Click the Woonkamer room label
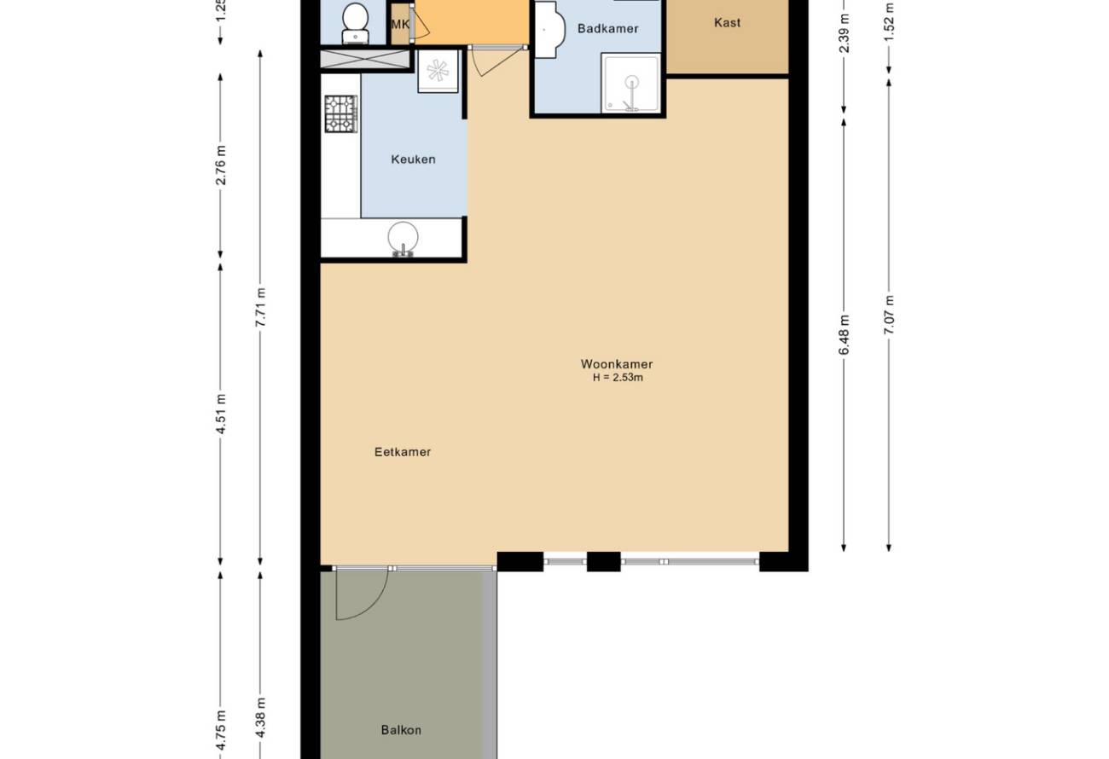617,364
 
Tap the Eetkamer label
403,452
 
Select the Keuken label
414,159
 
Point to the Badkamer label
607,29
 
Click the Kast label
728,23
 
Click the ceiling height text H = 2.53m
618,378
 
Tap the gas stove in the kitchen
341,113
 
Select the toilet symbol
355,23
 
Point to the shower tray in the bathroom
631,83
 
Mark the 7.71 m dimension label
261,307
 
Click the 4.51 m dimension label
221,414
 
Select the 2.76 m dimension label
221,165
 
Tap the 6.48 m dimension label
845,335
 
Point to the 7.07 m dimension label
889,316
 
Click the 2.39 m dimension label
845,32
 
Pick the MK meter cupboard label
400,24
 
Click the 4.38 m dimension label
261,717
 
